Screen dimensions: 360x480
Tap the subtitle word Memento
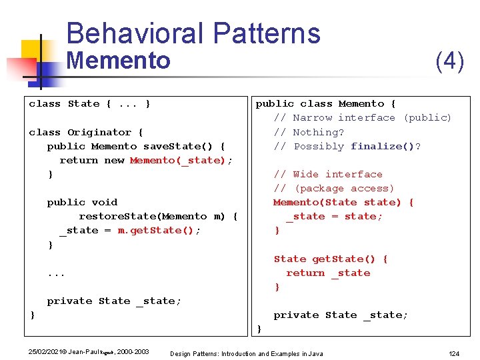pos(119,61)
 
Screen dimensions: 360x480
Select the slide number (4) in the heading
pos(449,61)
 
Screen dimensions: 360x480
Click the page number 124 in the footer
pos(453,353)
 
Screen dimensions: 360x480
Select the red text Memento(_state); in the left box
pos(181,160)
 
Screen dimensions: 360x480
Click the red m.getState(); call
pos(159,230)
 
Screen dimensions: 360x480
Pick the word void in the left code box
pos(105,202)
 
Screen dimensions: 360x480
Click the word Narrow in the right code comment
pos(313,118)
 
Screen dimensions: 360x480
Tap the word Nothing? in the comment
pos(319,132)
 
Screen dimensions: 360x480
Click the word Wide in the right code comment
pos(306,174)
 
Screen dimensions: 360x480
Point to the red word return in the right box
pos(305,273)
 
